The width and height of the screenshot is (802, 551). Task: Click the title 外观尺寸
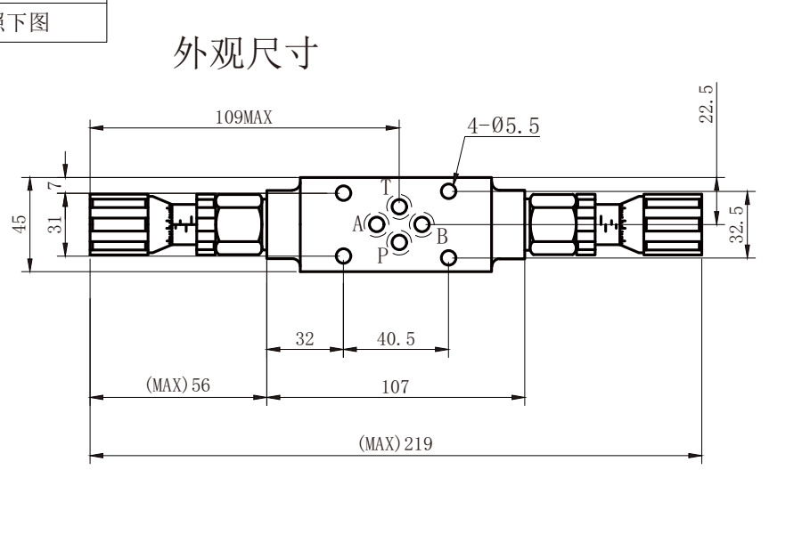tap(246, 53)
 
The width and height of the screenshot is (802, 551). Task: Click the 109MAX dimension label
tap(243, 117)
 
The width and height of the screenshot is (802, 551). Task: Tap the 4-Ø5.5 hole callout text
tap(503, 126)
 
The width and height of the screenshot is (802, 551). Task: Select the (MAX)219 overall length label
tap(396, 443)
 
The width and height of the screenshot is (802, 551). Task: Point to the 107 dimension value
tap(396, 386)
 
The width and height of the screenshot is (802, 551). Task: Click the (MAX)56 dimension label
tap(178, 385)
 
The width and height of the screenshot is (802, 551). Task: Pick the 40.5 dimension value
tap(396, 338)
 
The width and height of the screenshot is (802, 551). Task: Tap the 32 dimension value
tap(305, 338)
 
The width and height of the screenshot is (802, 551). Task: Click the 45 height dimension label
tap(20, 224)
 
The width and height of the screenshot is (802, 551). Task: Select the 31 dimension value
tap(55, 224)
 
